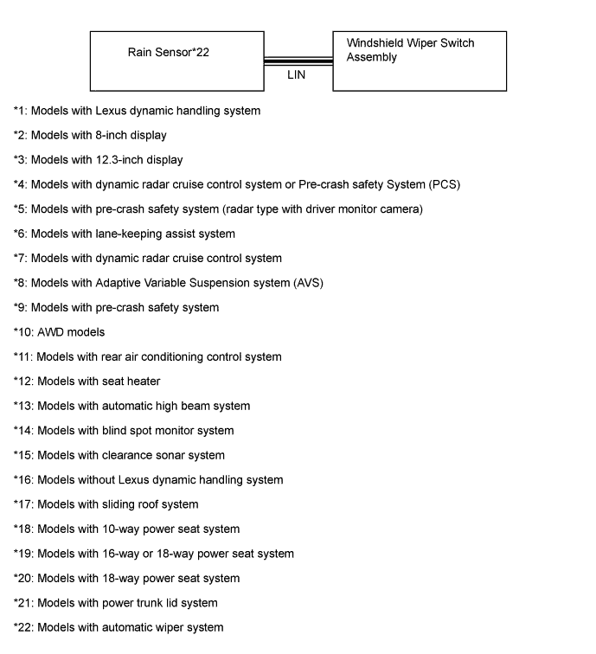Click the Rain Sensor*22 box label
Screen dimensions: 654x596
pos(169,53)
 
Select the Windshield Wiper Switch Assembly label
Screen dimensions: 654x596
pos(410,50)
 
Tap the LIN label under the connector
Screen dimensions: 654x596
pos(297,75)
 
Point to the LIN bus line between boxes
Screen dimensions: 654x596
pos(298,61)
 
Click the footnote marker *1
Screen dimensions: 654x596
pos(20,111)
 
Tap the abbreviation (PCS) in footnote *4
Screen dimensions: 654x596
pos(442,184)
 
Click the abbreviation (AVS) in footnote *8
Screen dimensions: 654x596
pos(306,283)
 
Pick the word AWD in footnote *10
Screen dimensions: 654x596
pos(51,332)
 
